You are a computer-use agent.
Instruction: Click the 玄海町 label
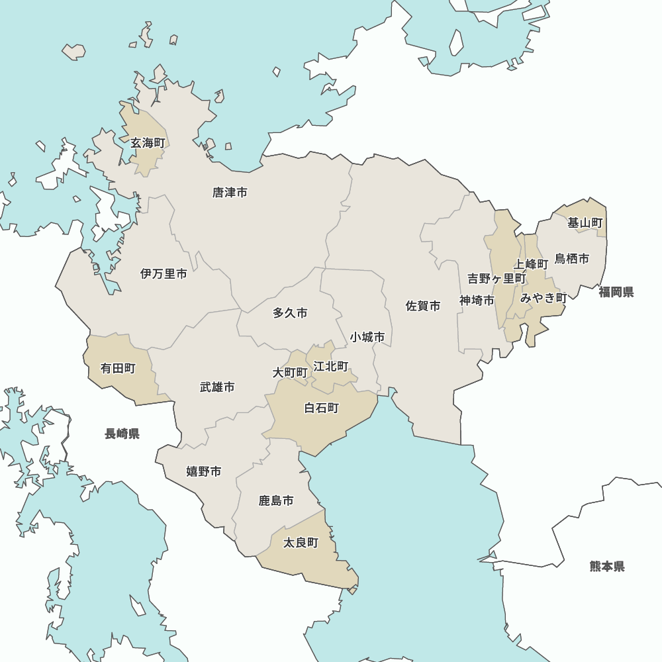[147, 143]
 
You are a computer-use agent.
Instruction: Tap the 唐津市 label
[230, 193]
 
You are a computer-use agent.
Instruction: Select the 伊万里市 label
[164, 273]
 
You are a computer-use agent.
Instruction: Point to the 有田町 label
[118, 368]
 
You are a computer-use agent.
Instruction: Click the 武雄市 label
[217, 387]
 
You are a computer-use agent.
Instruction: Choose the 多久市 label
[290, 313]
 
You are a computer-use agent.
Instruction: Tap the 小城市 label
[367, 337]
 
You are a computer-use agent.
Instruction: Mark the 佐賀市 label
[423, 306]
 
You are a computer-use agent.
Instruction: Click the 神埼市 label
[477, 301]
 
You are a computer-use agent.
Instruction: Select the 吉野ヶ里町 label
[496, 279]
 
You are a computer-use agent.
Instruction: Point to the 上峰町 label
[531, 264]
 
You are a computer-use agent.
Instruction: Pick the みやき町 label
[544, 298]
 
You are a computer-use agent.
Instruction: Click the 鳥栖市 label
[571, 259]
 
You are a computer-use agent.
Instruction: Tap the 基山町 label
[585, 223]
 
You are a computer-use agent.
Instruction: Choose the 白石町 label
[321, 408]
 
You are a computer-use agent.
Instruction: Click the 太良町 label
[301, 543]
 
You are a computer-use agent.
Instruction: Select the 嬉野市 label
[203, 471]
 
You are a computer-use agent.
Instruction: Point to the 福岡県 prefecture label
[616, 292]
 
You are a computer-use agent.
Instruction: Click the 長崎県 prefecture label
[122, 434]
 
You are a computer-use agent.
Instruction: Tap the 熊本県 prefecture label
[606, 567]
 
